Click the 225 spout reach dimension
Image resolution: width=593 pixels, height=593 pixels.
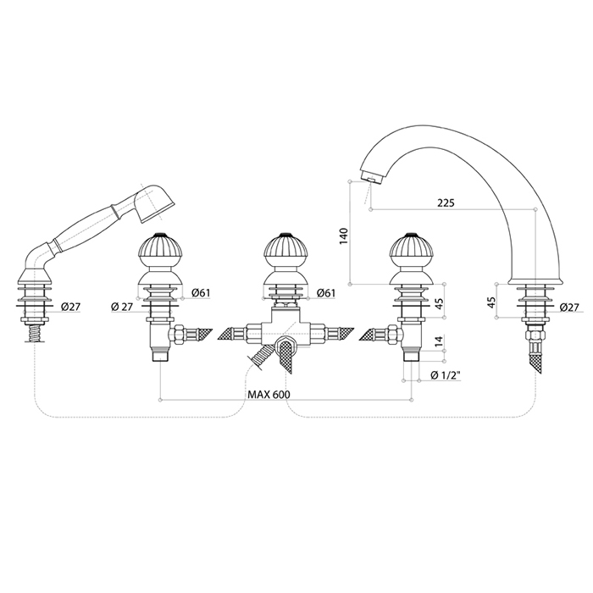pyautogui.click(x=446, y=202)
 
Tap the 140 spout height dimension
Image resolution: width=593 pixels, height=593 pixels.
pyautogui.click(x=343, y=236)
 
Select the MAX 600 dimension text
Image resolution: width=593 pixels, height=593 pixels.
pyautogui.click(x=269, y=395)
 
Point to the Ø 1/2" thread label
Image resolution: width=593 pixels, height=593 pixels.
pyautogui.click(x=445, y=375)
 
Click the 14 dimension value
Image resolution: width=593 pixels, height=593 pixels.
pyautogui.click(x=438, y=341)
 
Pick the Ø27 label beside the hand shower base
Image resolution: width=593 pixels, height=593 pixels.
pyautogui.click(x=70, y=307)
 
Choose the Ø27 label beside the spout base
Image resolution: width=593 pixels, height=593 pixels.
pyautogui.click(x=568, y=308)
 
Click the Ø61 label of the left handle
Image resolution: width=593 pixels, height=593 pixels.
pyautogui.click(x=201, y=292)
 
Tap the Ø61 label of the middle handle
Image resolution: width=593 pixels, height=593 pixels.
pyautogui.click(x=326, y=292)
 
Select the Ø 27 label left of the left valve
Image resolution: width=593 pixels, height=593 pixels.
pyautogui.click(x=122, y=307)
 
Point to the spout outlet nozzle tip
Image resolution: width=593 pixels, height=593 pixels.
pyautogui.click(x=371, y=178)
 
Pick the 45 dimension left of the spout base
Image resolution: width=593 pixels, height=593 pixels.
pyautogui.click(x=490, y=302)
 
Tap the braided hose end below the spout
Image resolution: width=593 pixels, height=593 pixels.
pyautogui.click(x=535, y=359)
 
